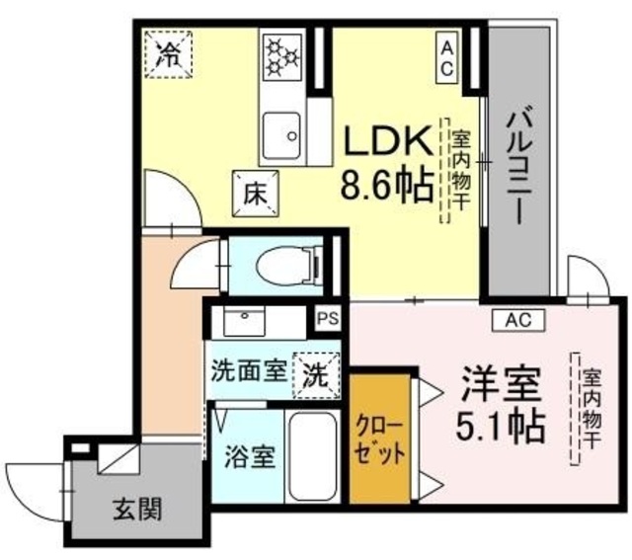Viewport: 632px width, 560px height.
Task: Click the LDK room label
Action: coord(385,140)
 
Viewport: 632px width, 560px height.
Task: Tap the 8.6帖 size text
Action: coord(388,186)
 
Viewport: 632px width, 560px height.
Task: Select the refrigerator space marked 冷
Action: coord(169,54)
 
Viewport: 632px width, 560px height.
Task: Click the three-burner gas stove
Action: coord(281,57)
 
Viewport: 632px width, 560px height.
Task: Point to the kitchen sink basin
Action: coord(281,136)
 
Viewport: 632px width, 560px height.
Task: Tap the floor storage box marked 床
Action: coord(256,194)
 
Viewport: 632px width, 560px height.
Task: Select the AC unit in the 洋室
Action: coord(518,320)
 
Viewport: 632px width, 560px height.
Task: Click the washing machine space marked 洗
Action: coord(316,375)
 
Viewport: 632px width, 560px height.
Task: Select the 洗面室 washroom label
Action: coord(249,371)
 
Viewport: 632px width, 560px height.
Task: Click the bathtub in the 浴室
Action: coord(313,456)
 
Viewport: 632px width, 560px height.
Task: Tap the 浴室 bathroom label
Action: coord(250,456)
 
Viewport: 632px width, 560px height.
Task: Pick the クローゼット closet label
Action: coord(379,440)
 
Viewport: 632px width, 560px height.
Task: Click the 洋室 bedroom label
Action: coord(501,383)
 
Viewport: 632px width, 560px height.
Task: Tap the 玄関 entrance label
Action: coord(137,509)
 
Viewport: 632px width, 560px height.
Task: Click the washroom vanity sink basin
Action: coord(244,321)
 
